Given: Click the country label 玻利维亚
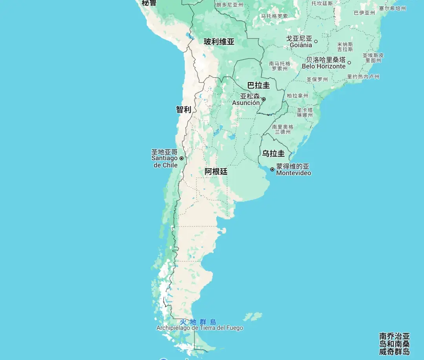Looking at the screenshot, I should coord(219,42).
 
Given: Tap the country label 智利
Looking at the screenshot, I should coord(183,110).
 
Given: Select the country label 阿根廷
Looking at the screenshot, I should coord(216,172).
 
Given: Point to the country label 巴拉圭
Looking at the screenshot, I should coord(258,85).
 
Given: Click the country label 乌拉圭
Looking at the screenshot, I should coord(274,153).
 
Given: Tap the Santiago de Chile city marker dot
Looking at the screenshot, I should coord(181,158).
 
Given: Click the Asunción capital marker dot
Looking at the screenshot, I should coord(264,99).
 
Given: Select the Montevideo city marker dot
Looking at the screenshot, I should coord(272,169).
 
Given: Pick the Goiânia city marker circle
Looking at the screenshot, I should coord(316,41).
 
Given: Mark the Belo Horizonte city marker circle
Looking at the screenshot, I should coord(349,62).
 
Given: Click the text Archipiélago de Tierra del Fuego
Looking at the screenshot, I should coord(199,328).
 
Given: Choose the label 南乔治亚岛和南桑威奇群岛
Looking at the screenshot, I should coord(394,344).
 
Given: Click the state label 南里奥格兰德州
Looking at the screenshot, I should coord(283,129).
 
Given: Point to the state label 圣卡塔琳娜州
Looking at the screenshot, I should coord(305,112).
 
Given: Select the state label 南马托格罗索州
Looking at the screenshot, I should coord(280,66).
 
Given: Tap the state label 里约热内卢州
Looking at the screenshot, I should coord(363,77).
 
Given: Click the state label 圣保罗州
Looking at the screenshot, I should coord(317,79).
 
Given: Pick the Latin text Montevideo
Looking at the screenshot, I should coord(294,173).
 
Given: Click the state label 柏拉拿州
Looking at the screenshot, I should coord(297,96).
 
